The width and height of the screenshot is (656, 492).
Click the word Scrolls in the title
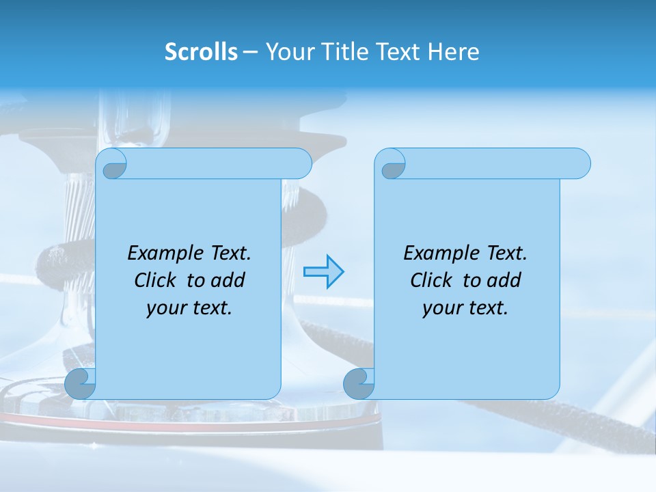201,52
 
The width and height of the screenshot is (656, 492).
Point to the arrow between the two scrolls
323,272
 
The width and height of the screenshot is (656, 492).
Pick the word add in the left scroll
230,280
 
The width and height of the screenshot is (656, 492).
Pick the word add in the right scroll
506,280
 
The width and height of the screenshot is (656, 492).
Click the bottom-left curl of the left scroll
81,384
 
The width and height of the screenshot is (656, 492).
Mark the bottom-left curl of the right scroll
359,384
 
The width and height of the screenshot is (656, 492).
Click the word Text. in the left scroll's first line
230,254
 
